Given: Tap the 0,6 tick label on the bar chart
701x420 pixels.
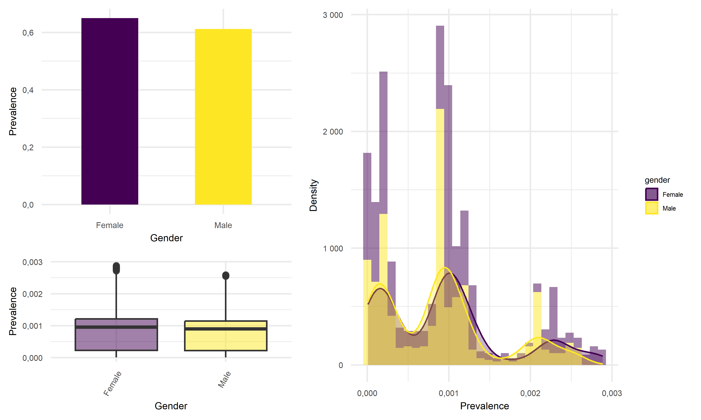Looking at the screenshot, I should click(28, 33).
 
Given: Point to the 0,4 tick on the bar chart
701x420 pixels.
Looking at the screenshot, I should click(28, 90).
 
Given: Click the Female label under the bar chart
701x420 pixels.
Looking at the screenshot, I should click(110, 225).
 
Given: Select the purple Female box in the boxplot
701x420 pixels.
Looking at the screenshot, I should click(116, 340).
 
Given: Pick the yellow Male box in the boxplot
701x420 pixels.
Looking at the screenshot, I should click(225, 341).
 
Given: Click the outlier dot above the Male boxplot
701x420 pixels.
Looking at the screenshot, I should click(225, 275).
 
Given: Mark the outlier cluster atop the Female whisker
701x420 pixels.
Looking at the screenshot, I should click(116, 268).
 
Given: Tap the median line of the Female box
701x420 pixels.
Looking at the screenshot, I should click(116, 327).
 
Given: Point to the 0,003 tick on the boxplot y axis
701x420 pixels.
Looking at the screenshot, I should click(32, 262).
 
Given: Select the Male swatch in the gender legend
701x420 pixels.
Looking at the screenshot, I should click(651, 208).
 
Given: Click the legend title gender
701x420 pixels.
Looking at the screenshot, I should click(657, 180).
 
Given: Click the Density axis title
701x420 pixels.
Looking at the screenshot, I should click(313, 195).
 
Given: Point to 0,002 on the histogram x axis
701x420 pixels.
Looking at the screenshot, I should click(530, 393).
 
